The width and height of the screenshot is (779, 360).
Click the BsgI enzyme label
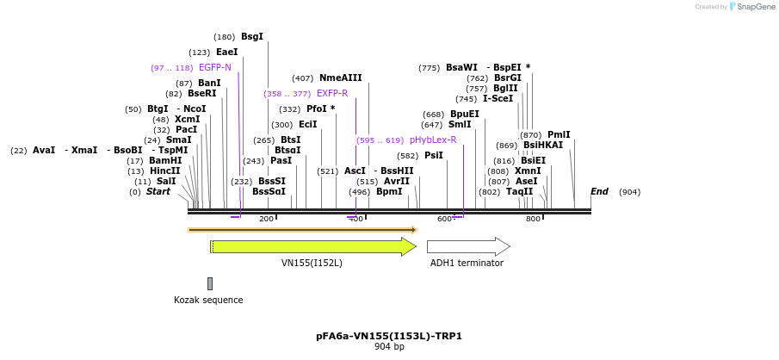[x=252, y=37]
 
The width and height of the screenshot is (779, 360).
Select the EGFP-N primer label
[x=214, y=67]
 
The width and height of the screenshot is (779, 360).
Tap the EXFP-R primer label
[x=332, y=93]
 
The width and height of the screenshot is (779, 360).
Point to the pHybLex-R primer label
[x=433, y=140]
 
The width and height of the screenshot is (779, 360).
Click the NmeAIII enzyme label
[x=341, y=78]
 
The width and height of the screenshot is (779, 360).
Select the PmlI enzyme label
[x=559, y=134]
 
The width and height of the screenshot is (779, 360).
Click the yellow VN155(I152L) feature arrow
[x=313, y=246]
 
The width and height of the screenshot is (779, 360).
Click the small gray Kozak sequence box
[x=210, y=283]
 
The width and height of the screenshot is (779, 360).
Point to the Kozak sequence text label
[x=208, y=301]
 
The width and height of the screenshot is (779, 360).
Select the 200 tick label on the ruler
[x=266, y=220]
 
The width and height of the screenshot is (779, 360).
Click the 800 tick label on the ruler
[x=533, y=220]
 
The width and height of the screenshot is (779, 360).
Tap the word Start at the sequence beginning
[x=158, y=191]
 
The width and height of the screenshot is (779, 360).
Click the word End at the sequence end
[x=599, y=191]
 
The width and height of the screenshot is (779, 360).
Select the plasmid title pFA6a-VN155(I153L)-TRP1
[x=389, y=336]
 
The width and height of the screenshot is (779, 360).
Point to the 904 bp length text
[x=389, y=347]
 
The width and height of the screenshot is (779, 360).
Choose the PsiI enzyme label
[x=434, y=155]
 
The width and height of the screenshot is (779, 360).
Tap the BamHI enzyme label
[x=165, y=160]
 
